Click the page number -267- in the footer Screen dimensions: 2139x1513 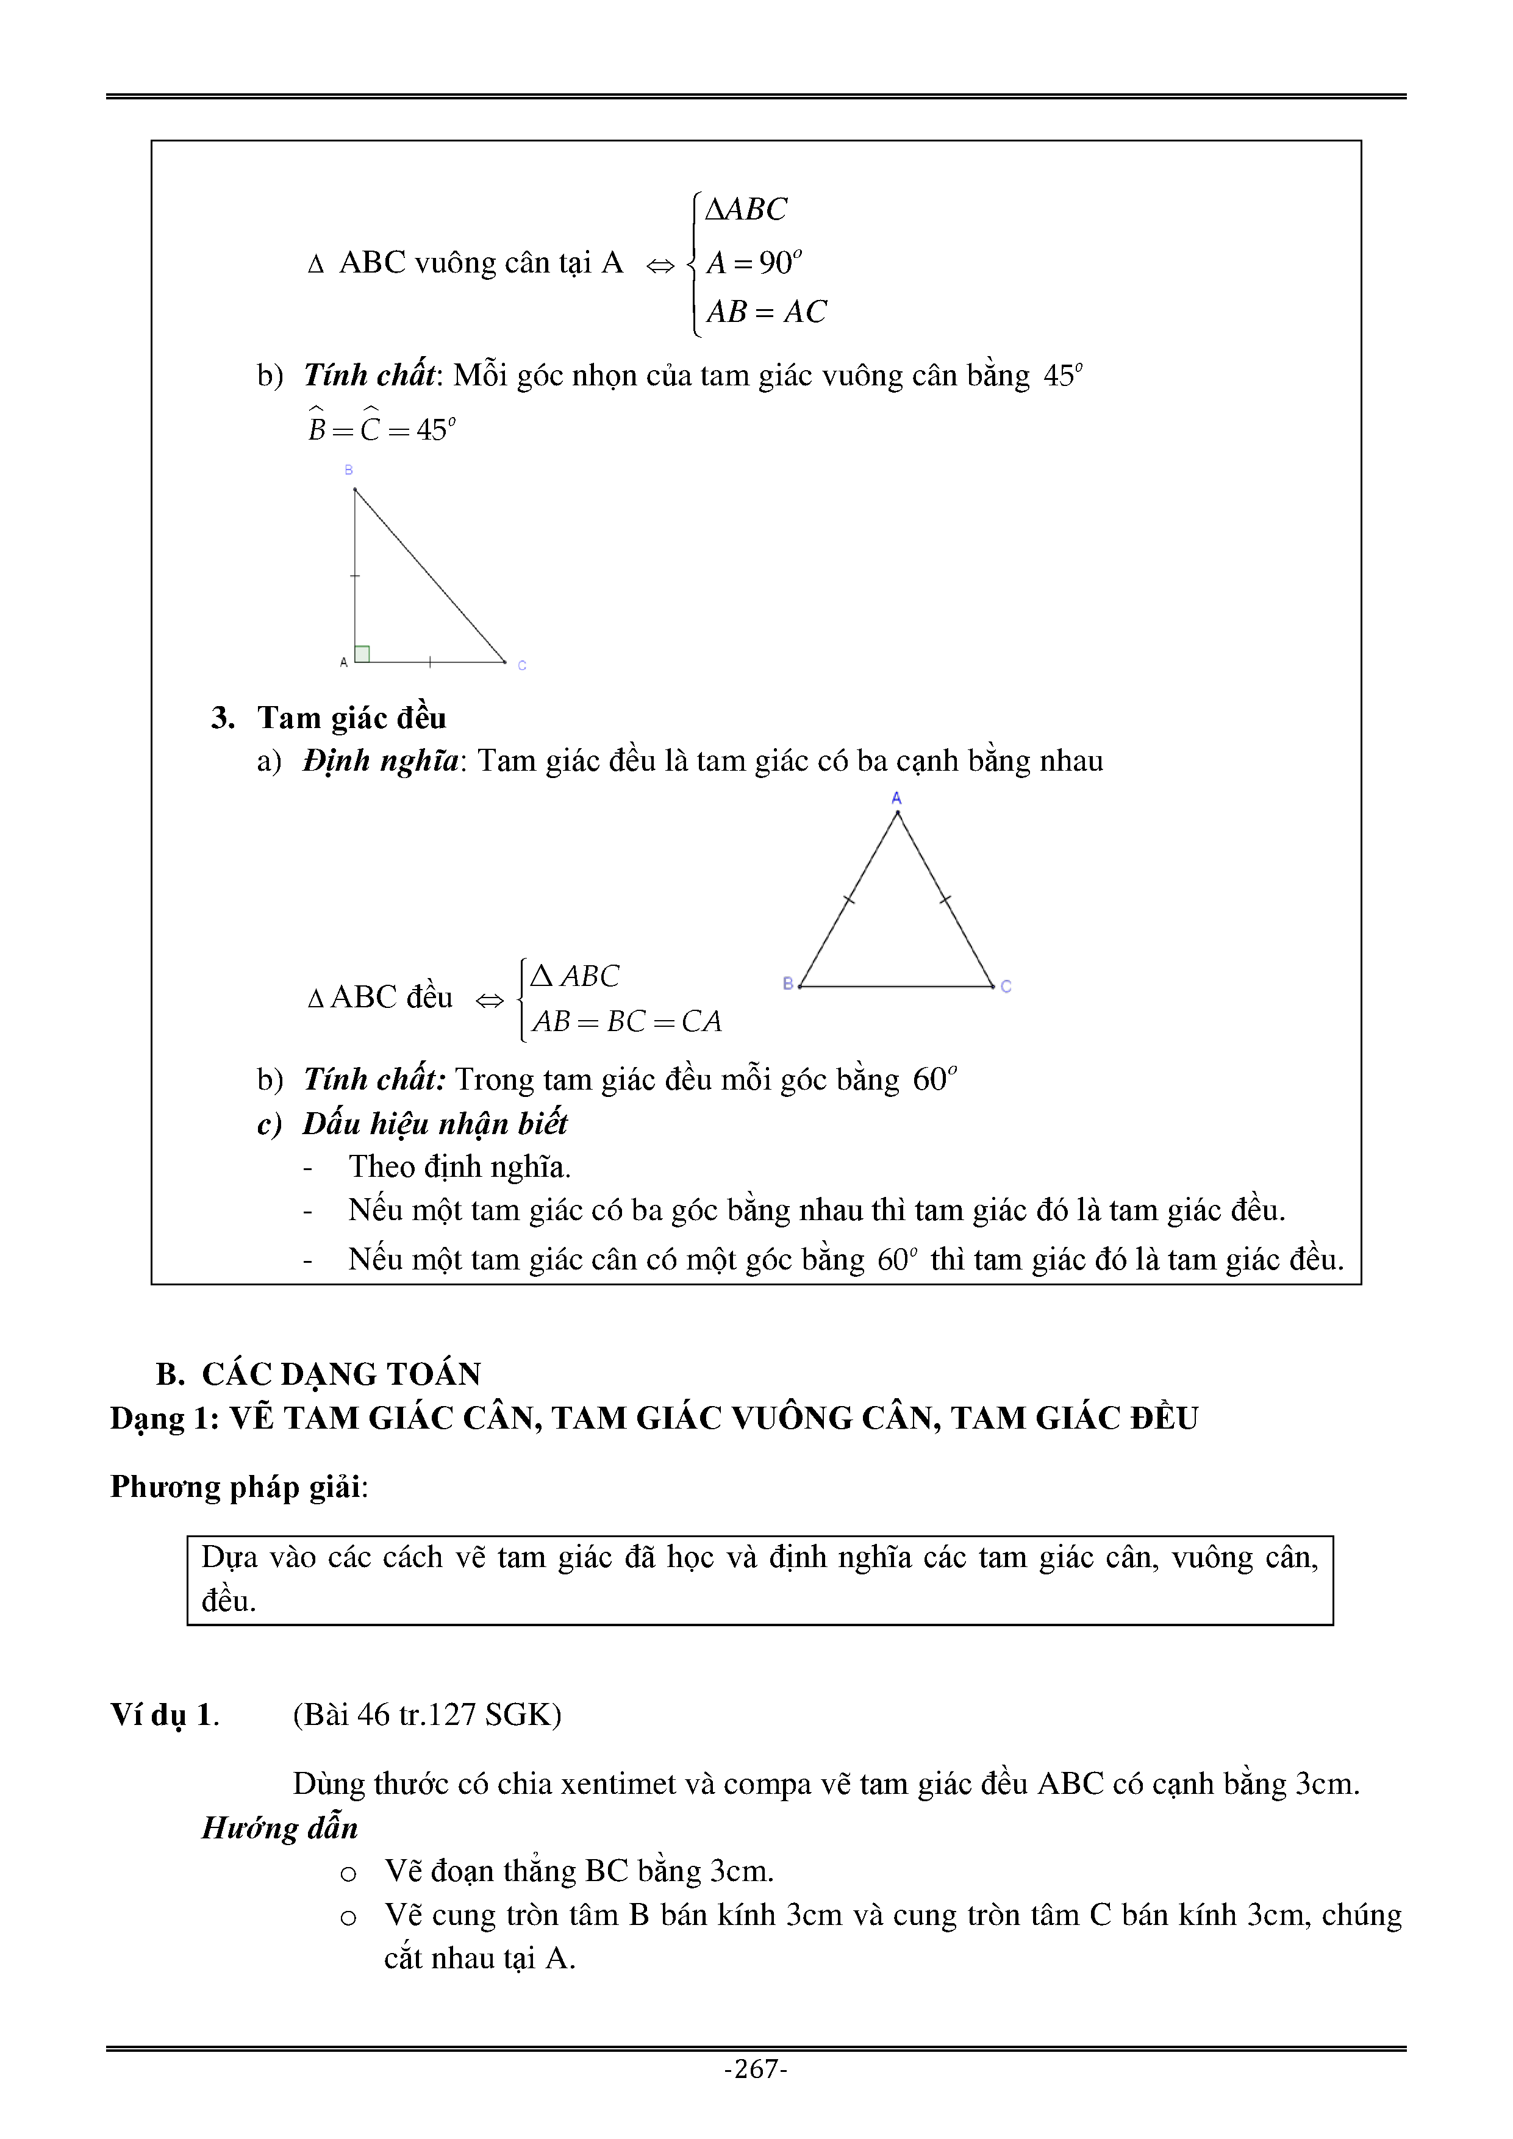pyautogui.click(x=756, y=2069)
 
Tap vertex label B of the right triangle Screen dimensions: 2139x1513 pyautogui.click(x=348, y=471)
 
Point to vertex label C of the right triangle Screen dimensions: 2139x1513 pyautogui.click(x=522, y=665)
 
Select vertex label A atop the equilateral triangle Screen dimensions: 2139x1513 pyautogui.click(x=896, y=798)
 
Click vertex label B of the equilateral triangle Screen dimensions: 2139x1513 pyautogui.click(x=788, y=983)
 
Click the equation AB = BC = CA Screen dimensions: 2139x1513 pyautogui.click(x=627, y=1022)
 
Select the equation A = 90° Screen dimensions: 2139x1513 pyautogui.click(x=754, y=263)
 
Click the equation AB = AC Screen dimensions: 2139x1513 pyautogui.click(x=766, y=311)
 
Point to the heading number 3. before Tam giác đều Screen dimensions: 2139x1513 pyautogui.click(x=223, y=717)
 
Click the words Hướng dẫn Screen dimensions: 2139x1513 pyautogui.click(x=279, y=1828)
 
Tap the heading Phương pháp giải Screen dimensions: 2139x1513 pyautogui.click(x=238, y=1486)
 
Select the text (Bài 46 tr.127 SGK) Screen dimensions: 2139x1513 pyautogui.click(x=427, y=1714)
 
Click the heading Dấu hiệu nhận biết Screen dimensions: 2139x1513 pyautogui.click(x=434, y=1124)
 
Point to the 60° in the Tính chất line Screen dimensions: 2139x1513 pyautogui.click(x=934, y=1079)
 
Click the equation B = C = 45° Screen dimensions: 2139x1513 pyautogui.click(x=382, y=429)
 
